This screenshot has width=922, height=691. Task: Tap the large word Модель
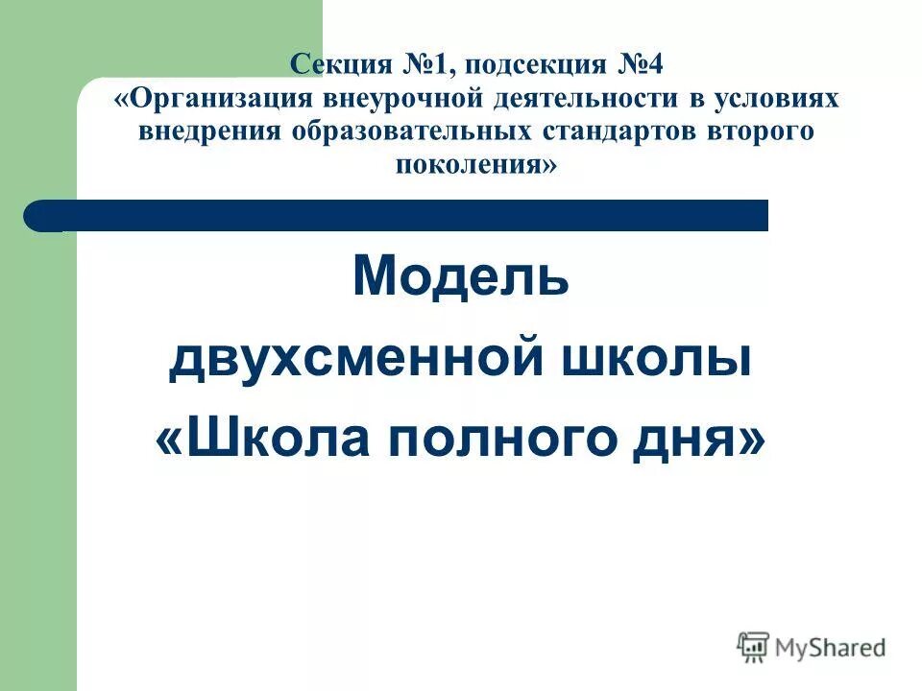point(461,278)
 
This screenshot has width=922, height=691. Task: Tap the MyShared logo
point(813,648)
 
